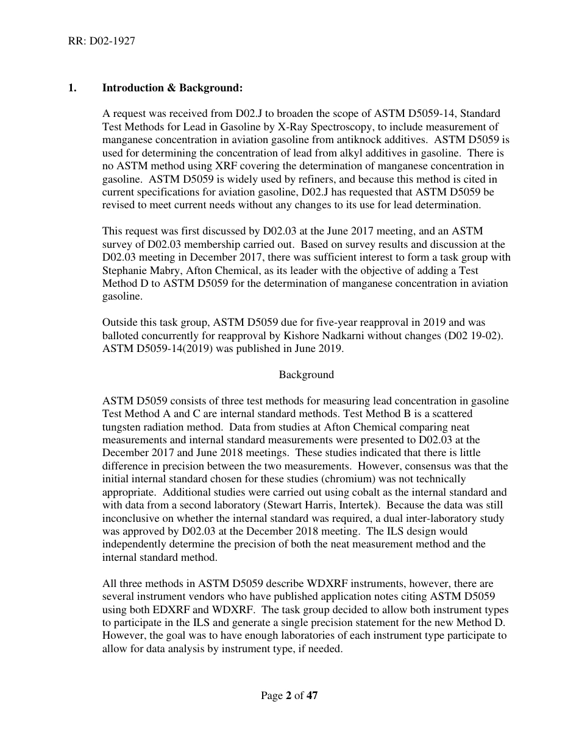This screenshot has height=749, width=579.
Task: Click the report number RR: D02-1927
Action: click(101, 41)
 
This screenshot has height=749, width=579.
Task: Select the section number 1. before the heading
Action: click(72, 88)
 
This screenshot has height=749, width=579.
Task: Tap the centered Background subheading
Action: click(306, 374)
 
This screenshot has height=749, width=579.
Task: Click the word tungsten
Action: click(123, 427)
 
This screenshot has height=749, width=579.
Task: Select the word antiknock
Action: click(384, 139)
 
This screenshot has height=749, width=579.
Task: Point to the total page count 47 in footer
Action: click(312, 695)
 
